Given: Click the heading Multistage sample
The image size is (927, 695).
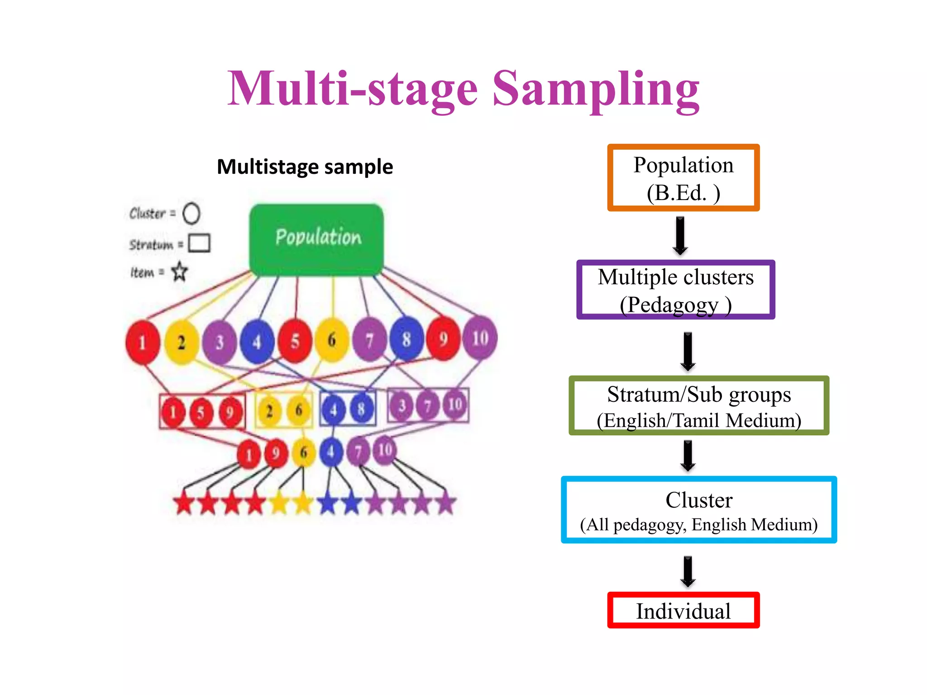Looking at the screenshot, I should [305, 167].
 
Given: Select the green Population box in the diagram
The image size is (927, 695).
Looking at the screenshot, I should [317, 239].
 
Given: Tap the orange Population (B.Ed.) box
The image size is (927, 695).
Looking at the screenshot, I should [683, 178].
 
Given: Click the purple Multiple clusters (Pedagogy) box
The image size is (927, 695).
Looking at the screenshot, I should [675, 290].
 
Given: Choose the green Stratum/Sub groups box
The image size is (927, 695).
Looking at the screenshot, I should [698, 406].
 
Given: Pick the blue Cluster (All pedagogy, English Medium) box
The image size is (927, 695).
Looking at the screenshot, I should [698, 510].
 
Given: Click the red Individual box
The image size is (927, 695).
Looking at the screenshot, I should [683, 610].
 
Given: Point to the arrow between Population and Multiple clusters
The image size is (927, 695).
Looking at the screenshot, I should [680, 235].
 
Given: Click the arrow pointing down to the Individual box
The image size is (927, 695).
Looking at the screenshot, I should [688, 571].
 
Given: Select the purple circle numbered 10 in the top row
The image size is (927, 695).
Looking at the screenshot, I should [480, 338].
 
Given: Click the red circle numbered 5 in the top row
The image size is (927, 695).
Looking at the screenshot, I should [295, 341].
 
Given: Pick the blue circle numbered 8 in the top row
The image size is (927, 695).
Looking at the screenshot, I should [406, 339].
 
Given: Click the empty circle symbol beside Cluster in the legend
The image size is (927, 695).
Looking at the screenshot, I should [191, 213].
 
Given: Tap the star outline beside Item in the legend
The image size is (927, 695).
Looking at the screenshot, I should [180, 271].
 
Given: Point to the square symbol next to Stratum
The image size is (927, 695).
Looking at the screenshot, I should [199, 243].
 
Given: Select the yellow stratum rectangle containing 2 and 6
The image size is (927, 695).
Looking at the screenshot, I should [284, 410].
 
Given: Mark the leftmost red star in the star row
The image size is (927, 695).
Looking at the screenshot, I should [184, 504].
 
